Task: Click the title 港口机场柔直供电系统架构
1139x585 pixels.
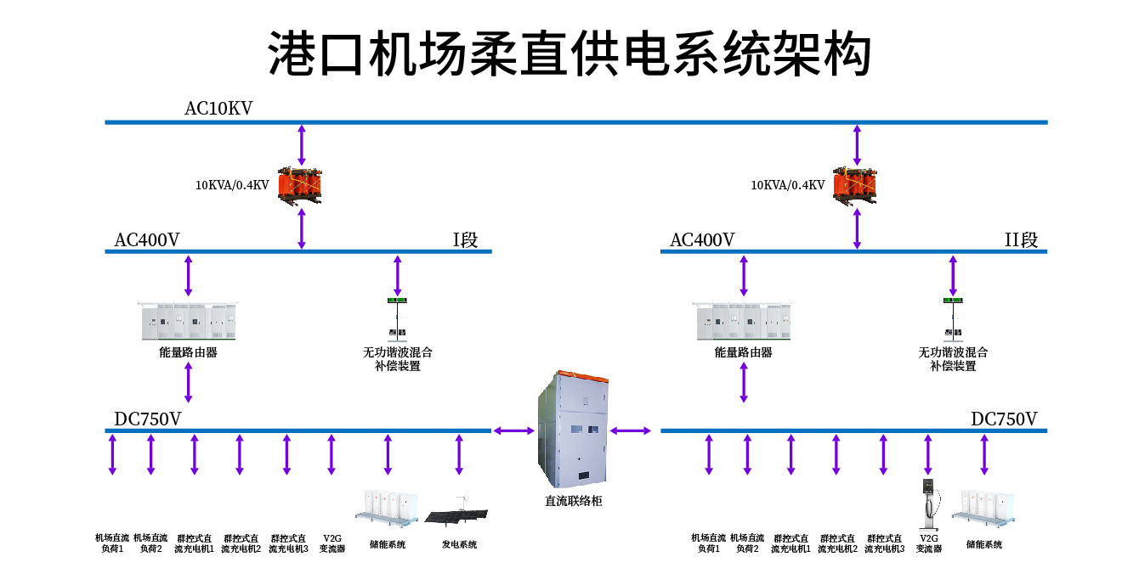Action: [x=569, y=53]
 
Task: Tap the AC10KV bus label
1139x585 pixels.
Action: [x=218, y=109]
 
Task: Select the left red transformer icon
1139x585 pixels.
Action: [x=301, y=185]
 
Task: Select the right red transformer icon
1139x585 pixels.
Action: [x=855, y=185]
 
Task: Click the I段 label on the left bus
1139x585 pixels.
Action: [x=465, y=240]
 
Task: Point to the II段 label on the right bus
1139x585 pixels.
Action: [x=1021, y=240]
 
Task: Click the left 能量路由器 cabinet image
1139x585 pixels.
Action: [x=188, y=321]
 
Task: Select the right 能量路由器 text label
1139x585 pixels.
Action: [x=743, y=352]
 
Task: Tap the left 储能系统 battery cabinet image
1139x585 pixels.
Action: [x=387, y=506]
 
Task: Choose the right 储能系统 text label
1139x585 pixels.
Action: [x=984, y=544]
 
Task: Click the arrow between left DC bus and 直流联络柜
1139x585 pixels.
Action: [x=514, y=430]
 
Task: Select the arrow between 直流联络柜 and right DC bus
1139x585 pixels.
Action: [x=630, y=430]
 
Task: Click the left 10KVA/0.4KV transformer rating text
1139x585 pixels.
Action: [x=232, y=185]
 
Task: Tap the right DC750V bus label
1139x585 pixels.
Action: [x=1004, y=419]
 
